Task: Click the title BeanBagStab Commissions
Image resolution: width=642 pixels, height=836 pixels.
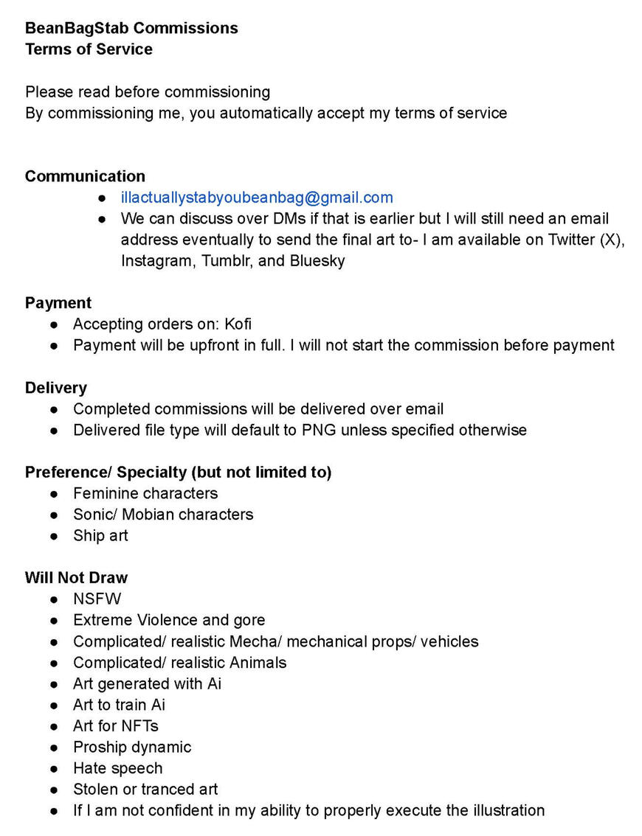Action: click(131, 28)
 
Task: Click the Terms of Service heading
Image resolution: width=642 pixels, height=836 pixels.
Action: click(89, 49)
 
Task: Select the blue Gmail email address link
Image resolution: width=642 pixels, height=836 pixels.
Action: click(257, 198)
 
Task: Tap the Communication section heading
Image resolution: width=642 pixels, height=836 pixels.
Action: click(85, 176)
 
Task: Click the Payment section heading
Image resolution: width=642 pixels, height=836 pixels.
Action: click(58, 303)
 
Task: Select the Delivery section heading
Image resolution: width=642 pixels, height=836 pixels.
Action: click(56, 388)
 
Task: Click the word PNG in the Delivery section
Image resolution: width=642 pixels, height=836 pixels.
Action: click(319, 430)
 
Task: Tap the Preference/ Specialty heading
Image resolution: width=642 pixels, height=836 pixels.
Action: click(178, 472)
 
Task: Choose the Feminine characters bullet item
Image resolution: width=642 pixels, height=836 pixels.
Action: click(145, 493)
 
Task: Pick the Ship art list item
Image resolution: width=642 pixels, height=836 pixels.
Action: click(100, 535)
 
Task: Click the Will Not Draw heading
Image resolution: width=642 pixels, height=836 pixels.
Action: click(76, 577)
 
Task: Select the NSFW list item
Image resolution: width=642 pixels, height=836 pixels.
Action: click(97, 599)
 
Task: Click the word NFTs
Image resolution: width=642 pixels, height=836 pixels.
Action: click(137, 726)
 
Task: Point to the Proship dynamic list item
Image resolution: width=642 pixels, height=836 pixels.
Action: click(132, 747)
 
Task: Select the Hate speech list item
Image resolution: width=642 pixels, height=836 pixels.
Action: click(117, 768)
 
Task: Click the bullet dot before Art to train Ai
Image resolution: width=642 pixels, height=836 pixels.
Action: click(55, 705)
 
